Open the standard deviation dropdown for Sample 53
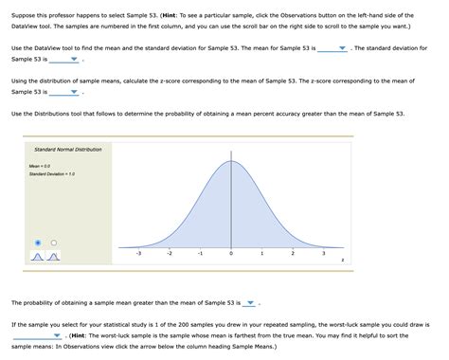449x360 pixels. click(73, 59)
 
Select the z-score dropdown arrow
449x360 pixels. click(74, 93)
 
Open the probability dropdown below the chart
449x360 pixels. click(249, 304)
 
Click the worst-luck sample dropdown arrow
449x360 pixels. click(58, 335)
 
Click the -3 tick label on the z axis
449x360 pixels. click(138, 254)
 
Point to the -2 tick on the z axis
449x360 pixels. click(169, 254)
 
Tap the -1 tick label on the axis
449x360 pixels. click(200, 254)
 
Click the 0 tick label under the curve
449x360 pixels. click(231, 254)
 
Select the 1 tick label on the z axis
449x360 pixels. click(261, 254)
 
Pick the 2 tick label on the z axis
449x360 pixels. click(293, 254)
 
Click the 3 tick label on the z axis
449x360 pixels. click(323, 254)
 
